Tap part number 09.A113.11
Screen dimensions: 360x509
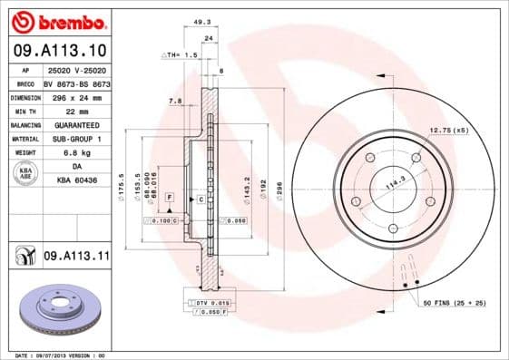(x=76, y=258)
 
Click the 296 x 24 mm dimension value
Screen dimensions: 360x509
(x=76, y=95)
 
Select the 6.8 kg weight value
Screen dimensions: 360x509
(x=76, y=153)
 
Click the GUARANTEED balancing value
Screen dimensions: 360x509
(x=76, y=124)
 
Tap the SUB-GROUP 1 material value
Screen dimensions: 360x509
(x=76, y=139)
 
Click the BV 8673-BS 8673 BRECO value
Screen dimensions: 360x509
(x=76, y=82)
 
